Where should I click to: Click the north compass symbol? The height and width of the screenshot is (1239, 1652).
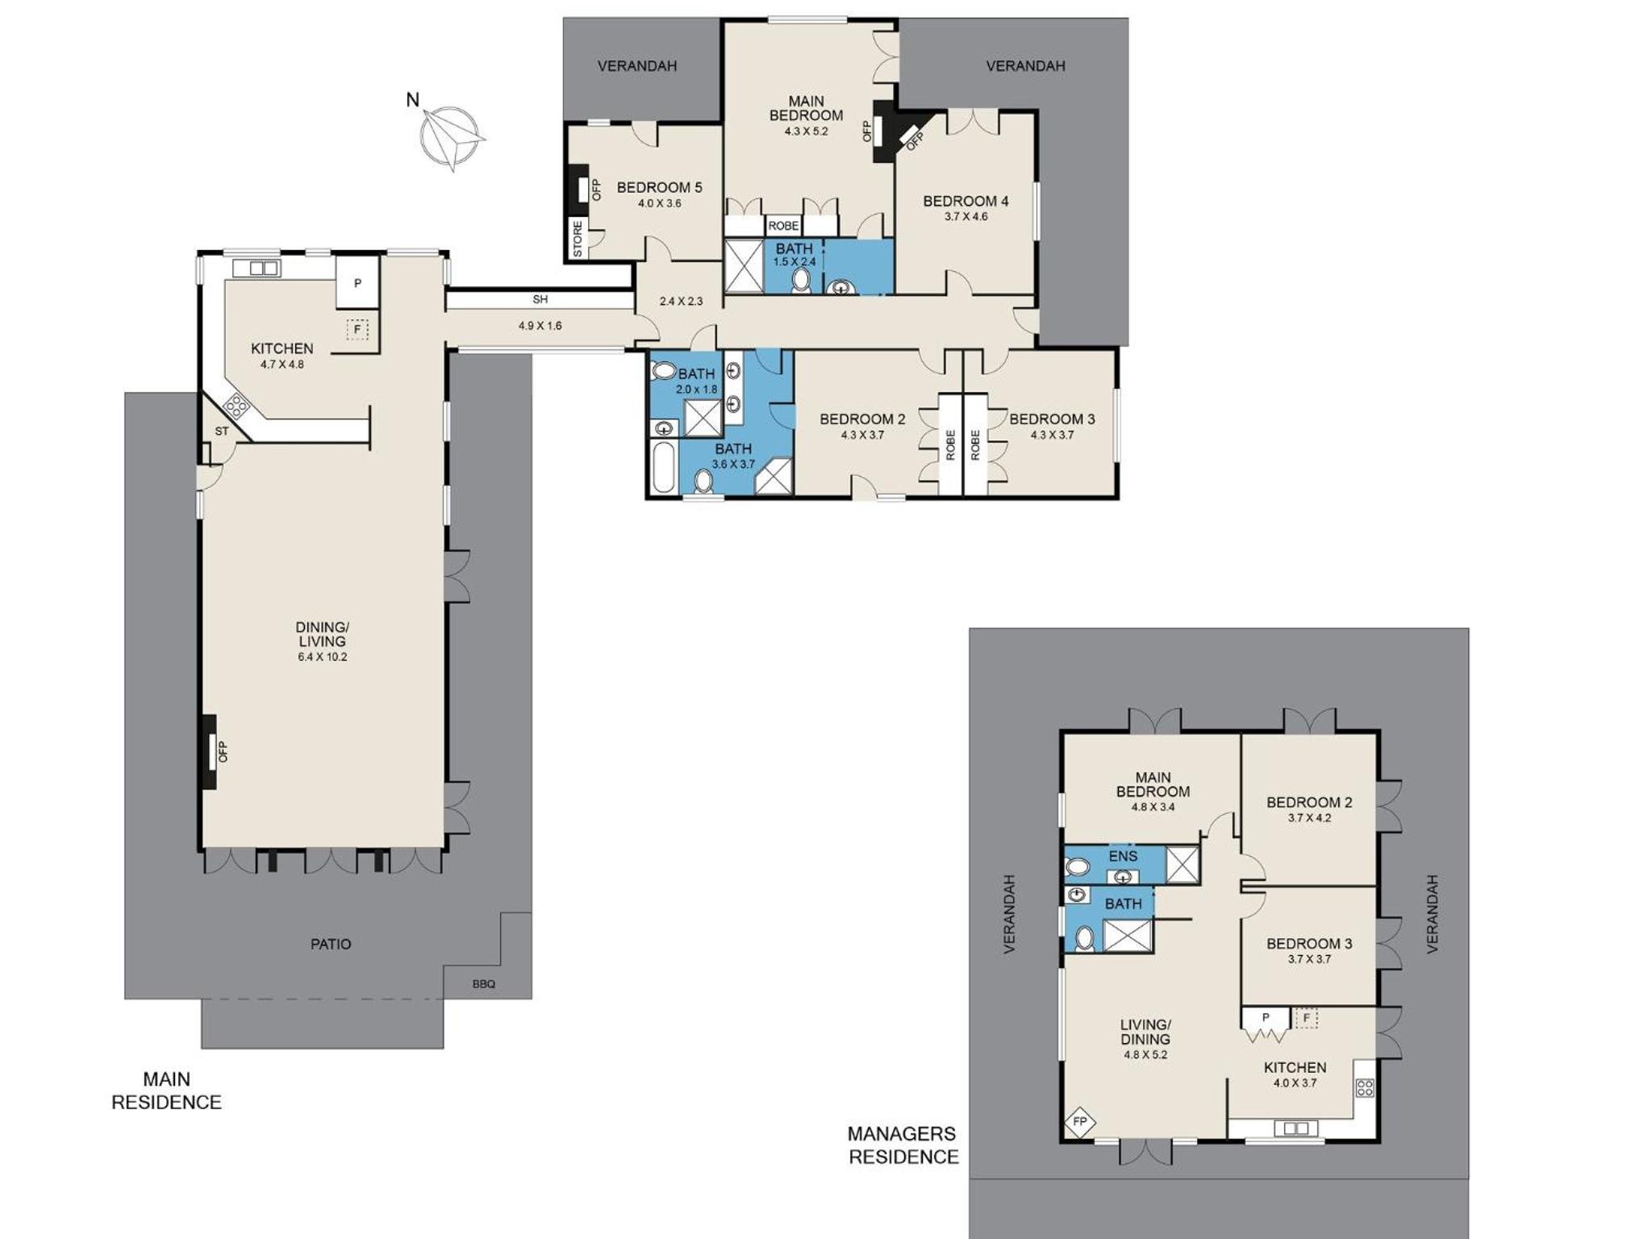[x=453, y=138]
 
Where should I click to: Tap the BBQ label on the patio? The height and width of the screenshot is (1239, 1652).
[x=484, y=984]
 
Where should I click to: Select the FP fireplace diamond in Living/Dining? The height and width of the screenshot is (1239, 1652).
[x=1080, y=1122]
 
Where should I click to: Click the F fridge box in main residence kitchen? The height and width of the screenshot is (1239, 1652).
[x=357, y=329]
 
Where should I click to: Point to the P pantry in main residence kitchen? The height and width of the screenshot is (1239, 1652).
[x=357, y=282]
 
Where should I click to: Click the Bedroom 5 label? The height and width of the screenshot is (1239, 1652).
[x=659, y=188]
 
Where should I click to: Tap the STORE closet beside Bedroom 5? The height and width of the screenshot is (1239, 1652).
[x=578, y=239]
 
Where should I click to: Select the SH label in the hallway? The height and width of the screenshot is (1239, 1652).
[x=540, y=299]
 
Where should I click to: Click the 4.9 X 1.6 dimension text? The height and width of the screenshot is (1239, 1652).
[x=540, y=326]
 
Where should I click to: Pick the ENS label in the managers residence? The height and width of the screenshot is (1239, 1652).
[x=1123, y=857]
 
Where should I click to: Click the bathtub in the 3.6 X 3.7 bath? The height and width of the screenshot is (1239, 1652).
[x=662, y=467]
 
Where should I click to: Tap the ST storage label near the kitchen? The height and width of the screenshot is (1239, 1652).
[x=222, y=432]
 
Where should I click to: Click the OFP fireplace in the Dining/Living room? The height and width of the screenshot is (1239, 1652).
[x=210, y=752]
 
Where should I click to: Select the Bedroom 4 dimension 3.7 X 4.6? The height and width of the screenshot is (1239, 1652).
[x=966, y=216]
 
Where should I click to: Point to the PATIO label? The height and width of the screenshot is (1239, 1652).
[x=331, y=944]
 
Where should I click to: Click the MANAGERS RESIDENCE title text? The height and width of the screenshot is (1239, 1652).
[x=903, y=1145]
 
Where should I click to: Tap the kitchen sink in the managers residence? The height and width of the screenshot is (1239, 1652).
[x=1295, y=1128]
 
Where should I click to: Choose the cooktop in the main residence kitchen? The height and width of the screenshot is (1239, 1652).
[x=236, y=404]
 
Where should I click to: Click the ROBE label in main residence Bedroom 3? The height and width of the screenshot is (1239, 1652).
[x=975, y=445]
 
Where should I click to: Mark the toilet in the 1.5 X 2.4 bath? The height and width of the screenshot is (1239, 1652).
[x=801, y=280]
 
